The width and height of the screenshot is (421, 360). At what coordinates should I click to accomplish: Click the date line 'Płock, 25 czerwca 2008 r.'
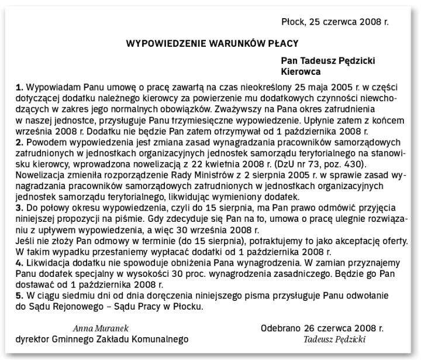(335, 22)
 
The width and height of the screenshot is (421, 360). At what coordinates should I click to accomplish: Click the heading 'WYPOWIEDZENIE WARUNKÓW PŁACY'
(212, 43)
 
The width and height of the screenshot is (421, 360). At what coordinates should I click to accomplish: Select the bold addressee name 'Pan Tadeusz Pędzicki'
(328, 61)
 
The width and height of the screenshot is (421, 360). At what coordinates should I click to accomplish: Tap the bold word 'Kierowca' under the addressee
(301, 72)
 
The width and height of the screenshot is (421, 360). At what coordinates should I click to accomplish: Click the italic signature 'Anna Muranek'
(101, 328)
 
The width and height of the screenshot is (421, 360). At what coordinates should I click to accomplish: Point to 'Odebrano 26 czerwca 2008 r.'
(322, 328)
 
